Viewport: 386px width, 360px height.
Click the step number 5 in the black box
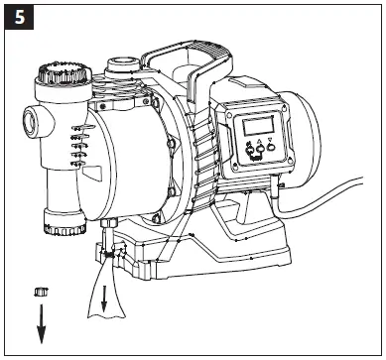[17, 17]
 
